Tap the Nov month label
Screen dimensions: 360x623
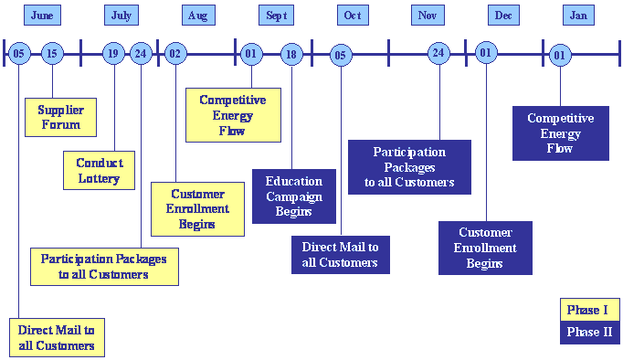click(427, 16)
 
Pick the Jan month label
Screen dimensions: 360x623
click(578, 16)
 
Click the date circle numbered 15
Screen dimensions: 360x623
click(51, 54)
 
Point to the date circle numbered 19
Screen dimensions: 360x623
click(113, 54)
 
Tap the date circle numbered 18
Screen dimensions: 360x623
click(291, 54)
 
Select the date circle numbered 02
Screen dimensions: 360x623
click(174, 54)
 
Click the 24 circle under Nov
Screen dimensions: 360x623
click(439, 53)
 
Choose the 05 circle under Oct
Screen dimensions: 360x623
click(340, 55)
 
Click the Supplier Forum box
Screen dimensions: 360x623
click(60, 117)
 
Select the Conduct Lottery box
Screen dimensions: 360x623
click(99, 170)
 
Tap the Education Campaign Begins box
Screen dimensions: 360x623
click(294, 196)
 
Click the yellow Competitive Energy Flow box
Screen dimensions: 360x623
click(233, 115)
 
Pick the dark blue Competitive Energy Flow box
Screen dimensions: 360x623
click(560, 133)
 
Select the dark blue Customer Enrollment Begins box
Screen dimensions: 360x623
click(485, 248)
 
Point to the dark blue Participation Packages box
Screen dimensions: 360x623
click(409, 166)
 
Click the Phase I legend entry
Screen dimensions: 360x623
click(589, 310)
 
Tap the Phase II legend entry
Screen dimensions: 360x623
click(589, 332)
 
